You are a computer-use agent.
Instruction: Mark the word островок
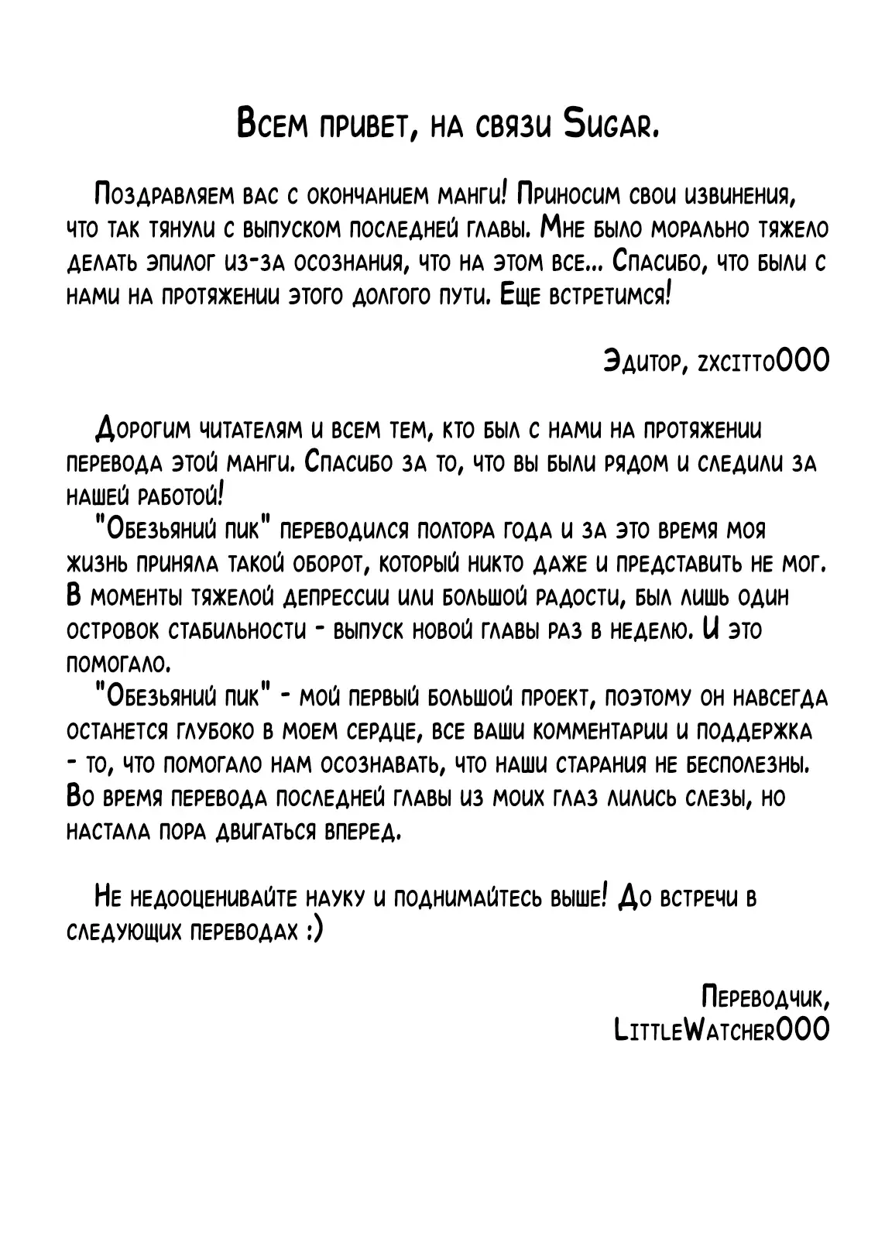pos(111,632)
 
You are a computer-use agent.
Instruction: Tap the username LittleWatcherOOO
pos(720,1031)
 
